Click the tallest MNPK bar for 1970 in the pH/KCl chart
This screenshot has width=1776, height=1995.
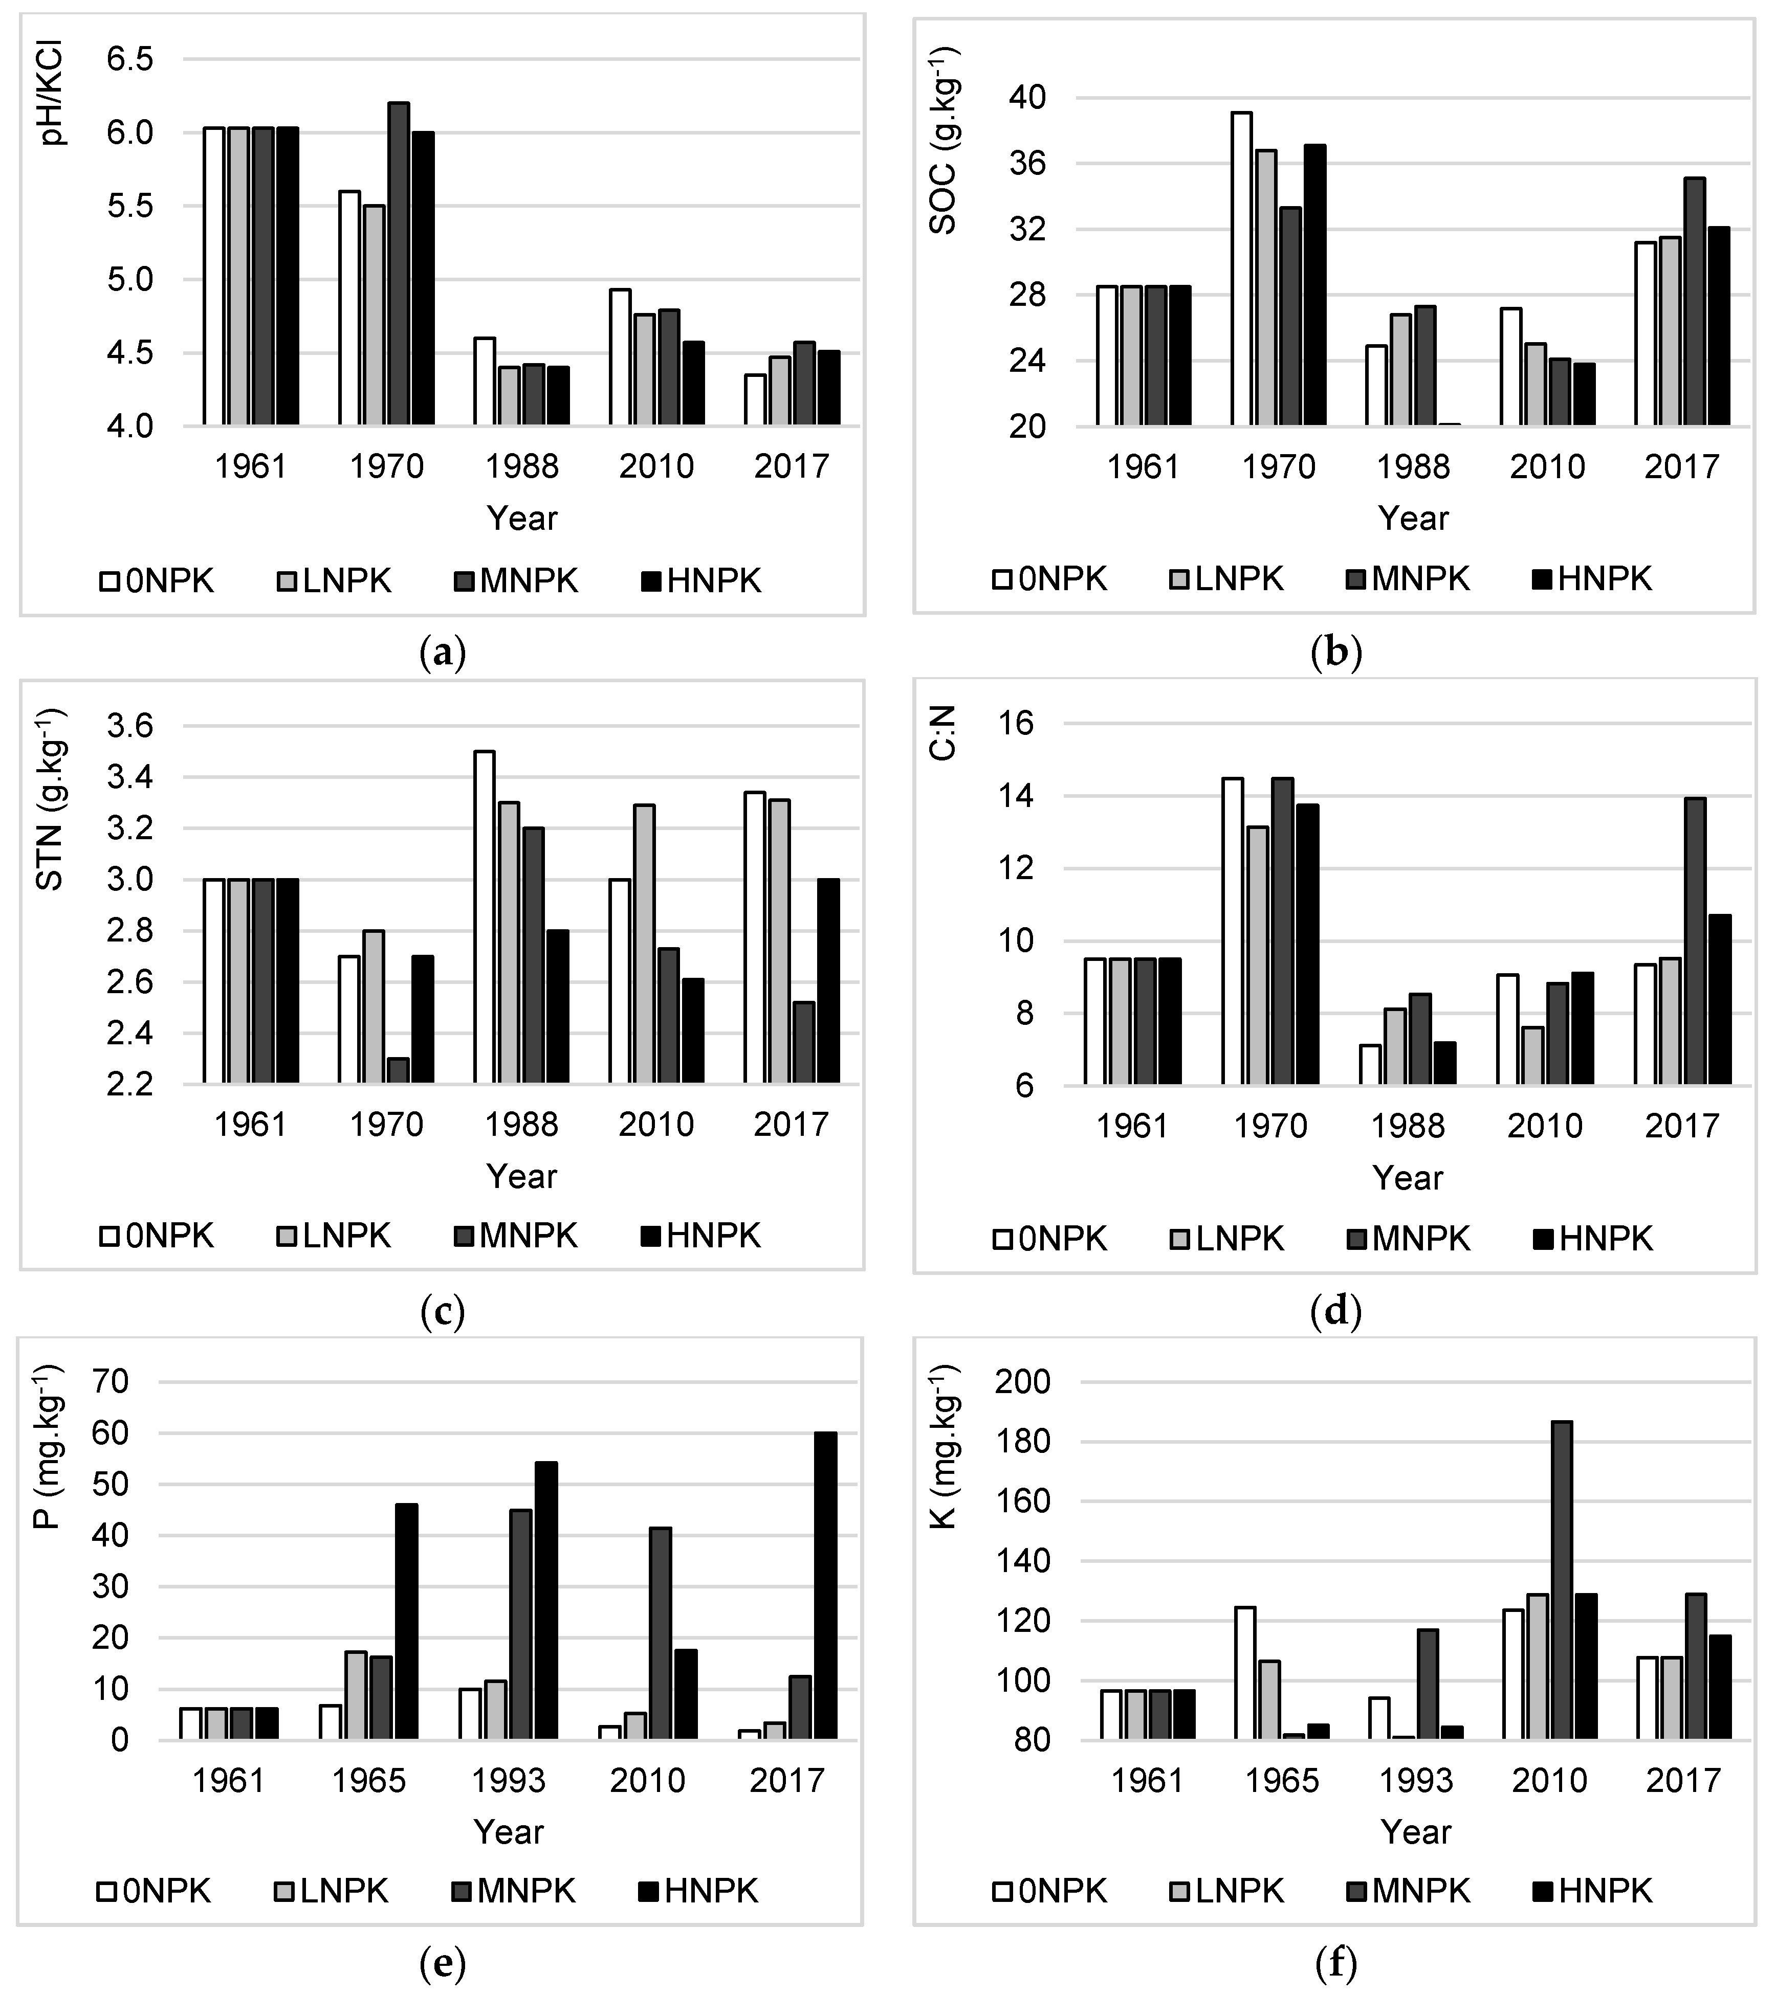pos(399,263)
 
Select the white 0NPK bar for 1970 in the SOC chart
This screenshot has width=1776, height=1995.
pos(1241,268)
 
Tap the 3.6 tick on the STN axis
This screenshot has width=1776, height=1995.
pos(130,726)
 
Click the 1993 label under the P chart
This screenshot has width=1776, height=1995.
pos(508,1781)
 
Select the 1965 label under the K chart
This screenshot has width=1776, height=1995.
pos(1281,1781)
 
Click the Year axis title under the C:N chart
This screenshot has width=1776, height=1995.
pos(1407,1178)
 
